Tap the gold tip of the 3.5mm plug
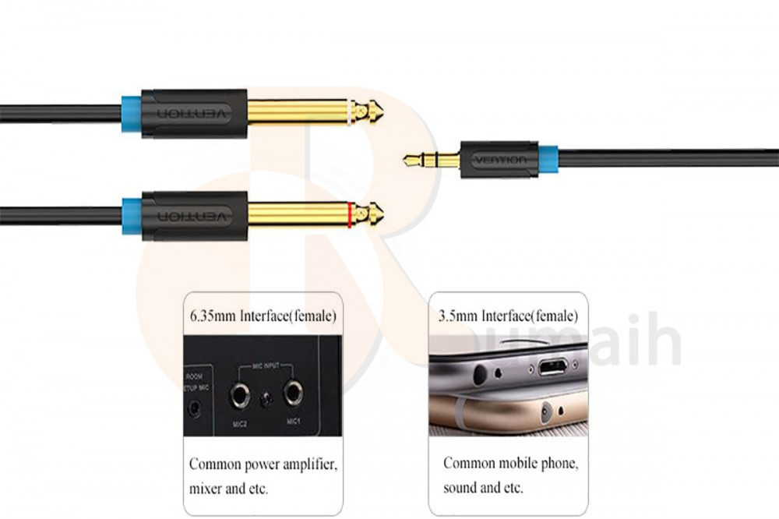coord(409,161)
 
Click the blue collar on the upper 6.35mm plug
coord(131,113)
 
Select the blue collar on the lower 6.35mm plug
coord(131,215)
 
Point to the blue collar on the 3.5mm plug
coord(548,159)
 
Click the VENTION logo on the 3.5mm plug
coord(499,160)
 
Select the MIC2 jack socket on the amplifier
coord(238,396)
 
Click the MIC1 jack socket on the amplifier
coord(293,394)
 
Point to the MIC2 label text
coord(239,423)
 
